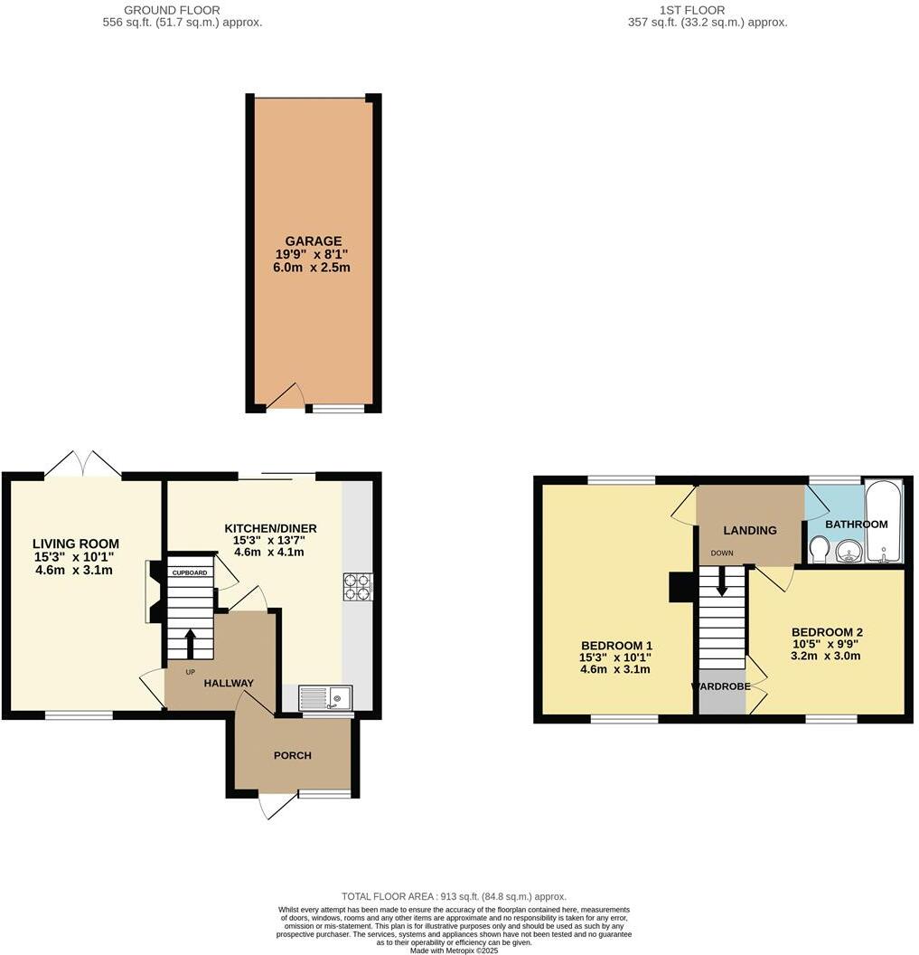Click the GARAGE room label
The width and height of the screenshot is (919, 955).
coord(313,241)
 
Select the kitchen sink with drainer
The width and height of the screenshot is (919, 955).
coord(325,697)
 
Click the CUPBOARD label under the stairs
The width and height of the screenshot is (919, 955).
coord(191,573)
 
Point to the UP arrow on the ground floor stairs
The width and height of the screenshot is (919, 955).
coord(190,643)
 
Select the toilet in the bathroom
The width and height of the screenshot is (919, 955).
coord(819,550)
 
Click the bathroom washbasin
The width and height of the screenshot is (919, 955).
coord(848,551)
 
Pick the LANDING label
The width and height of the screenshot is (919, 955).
coord(749,530)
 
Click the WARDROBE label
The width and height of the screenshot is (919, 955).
coord(721,686)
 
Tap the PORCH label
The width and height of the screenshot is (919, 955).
coord(293,755)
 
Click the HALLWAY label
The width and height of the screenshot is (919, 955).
coord(228,684)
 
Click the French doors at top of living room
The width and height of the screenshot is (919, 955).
coord(83,466)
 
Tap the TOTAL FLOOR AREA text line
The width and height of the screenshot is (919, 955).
coord(454,896)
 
